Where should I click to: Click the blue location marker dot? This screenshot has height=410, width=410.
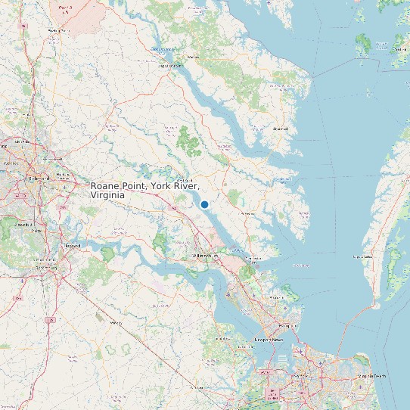click(x=204, y=204)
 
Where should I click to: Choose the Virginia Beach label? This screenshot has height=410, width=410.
click(x=371, y=376)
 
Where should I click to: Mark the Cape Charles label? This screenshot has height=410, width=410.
click(x=363, y=256)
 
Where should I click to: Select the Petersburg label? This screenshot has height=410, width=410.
click(x=47, y=266)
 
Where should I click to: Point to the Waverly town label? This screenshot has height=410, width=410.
click(x=116, y=323)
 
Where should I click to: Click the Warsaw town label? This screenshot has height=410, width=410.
click(x=192, y=57)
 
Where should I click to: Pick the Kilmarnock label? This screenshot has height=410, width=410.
click(x=281, y=129)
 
